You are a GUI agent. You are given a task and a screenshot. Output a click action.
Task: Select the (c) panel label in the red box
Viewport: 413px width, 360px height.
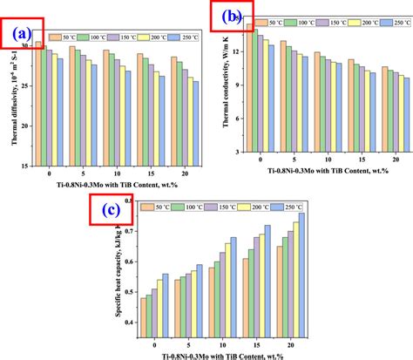111,209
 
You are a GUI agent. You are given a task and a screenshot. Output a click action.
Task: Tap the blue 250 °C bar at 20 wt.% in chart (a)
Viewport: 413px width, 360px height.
196,123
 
